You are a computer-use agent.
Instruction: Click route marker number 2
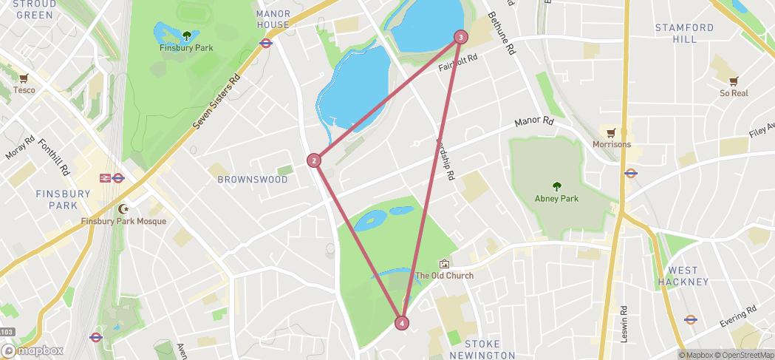(314, 160)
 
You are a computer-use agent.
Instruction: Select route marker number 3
(461, 37)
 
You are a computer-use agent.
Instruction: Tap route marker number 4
(401, 323)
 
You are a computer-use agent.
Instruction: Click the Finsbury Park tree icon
(186, 35)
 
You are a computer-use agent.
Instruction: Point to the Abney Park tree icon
(556, 186)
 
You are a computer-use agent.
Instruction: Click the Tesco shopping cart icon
(24, 78)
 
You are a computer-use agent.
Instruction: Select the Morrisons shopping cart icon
(611, 133)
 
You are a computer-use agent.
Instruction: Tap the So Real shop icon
(734, 81)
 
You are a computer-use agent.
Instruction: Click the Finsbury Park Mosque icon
(123, 209)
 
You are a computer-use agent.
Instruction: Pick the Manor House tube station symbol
(266, 43)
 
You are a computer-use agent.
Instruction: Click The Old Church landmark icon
(444, 264)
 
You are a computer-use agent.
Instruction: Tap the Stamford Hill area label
(684, 33)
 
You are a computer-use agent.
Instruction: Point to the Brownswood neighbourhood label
(253, 179)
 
